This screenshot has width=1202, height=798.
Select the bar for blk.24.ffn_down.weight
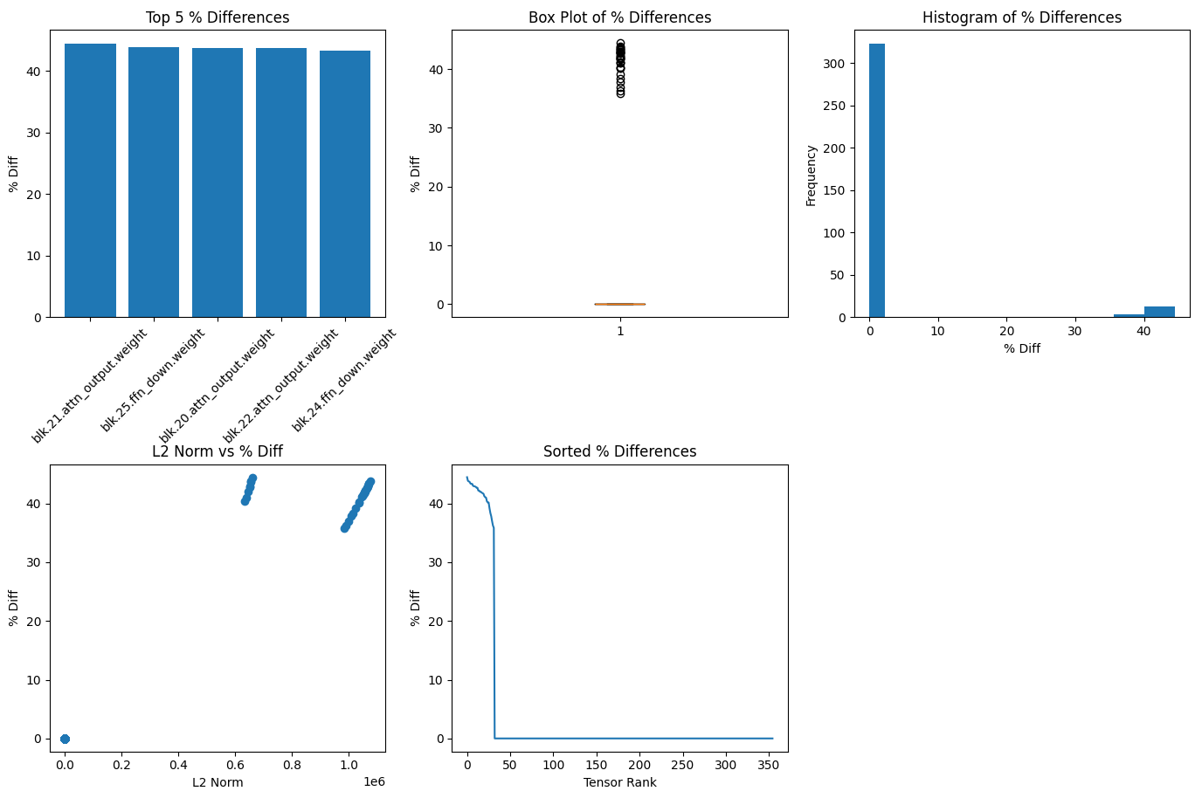pyautogui.click(x=345, y=184)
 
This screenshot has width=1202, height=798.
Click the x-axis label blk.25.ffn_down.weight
pyautogui.click(x=154, y=380)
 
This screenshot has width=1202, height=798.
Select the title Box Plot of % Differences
pyautogui.click(x=619, y=17)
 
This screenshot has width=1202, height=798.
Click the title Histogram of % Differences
pyautogui.click(x=1022, y=17)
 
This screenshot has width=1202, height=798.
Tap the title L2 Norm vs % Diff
pyautogui.click(x=218, y=451)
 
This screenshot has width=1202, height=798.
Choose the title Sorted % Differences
pyautogui.click(x=619, y=451)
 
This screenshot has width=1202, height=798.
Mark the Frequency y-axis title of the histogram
pyautogui.click(x=811, y=175)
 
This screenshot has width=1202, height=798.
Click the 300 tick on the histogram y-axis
pyautogui.click(x=836, y=64)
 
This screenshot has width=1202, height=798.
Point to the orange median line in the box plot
pyautogui.click(x=619, y=304)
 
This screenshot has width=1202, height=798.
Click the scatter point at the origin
pyautogui.click(x=65, y=739)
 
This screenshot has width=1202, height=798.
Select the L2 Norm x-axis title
pyautogui.click(x=218, y=782)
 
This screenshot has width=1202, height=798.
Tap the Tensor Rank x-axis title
pyautogui.click(x=619, y=782)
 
